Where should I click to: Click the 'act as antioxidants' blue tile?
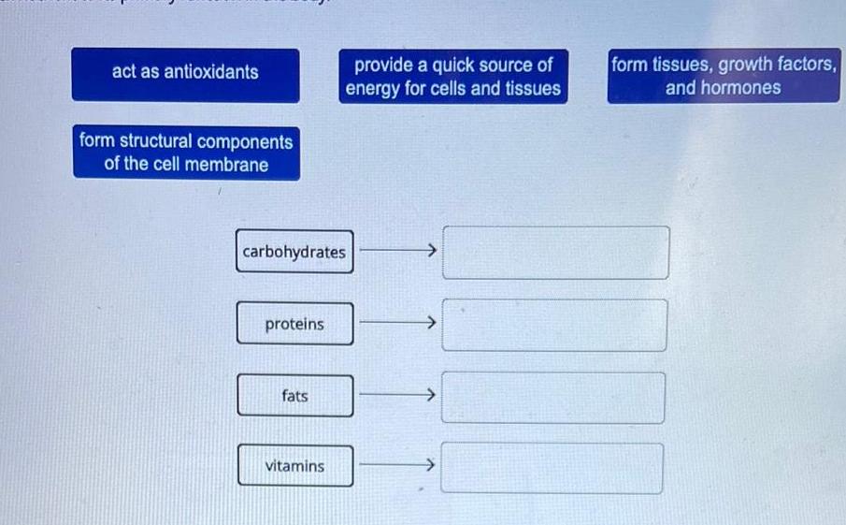tap(186, 75)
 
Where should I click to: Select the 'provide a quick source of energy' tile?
tap(453, 76)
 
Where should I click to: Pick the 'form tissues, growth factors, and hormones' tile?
tap(724, 76)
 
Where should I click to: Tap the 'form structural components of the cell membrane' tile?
tap(187, 153)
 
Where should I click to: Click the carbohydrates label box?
tap(294, 252)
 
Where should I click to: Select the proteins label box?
tap(295, 324)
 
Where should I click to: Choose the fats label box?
tap(295, 396)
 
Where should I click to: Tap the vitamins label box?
tap(295, 466)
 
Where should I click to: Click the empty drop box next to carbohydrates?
tap(555, 253)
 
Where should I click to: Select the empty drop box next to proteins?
tap(554, 325)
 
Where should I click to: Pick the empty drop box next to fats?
tap(553, 398)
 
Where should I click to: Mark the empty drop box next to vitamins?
tap(552, 468)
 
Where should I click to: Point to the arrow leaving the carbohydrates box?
tap(397, 250)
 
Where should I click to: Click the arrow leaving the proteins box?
tap(397, 323)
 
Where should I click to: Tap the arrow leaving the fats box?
tap(397, 394)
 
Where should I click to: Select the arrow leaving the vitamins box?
tap(397, 464)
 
